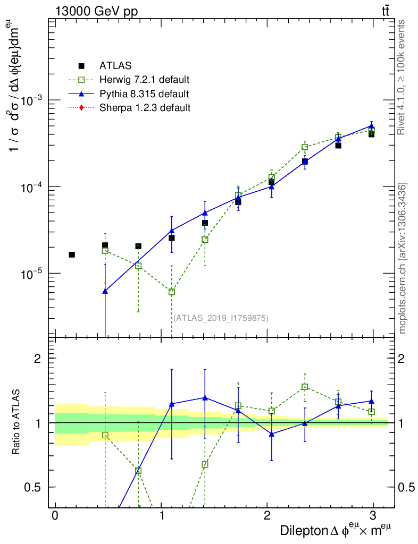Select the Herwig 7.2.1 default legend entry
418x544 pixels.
pyautogui.click(x=144, y=80)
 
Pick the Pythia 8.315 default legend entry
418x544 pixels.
pyautogui.click(x=144, y=94)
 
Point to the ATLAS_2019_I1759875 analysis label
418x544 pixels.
pyautogui.click(x=221, y=318)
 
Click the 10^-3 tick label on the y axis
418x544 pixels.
pyautogui.click(x=33, y=100)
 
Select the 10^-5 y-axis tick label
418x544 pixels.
pyautogui.click(x=33, y=274)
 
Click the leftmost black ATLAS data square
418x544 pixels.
pyautogui.click(x=72, y=254)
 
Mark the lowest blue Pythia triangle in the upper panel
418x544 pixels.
pyautogui.click(x=105, y=291)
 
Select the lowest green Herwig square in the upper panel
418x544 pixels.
pyautogui.click(x=171, y=292)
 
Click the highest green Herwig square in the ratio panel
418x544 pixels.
pyautogui.click(x=305, y=387)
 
